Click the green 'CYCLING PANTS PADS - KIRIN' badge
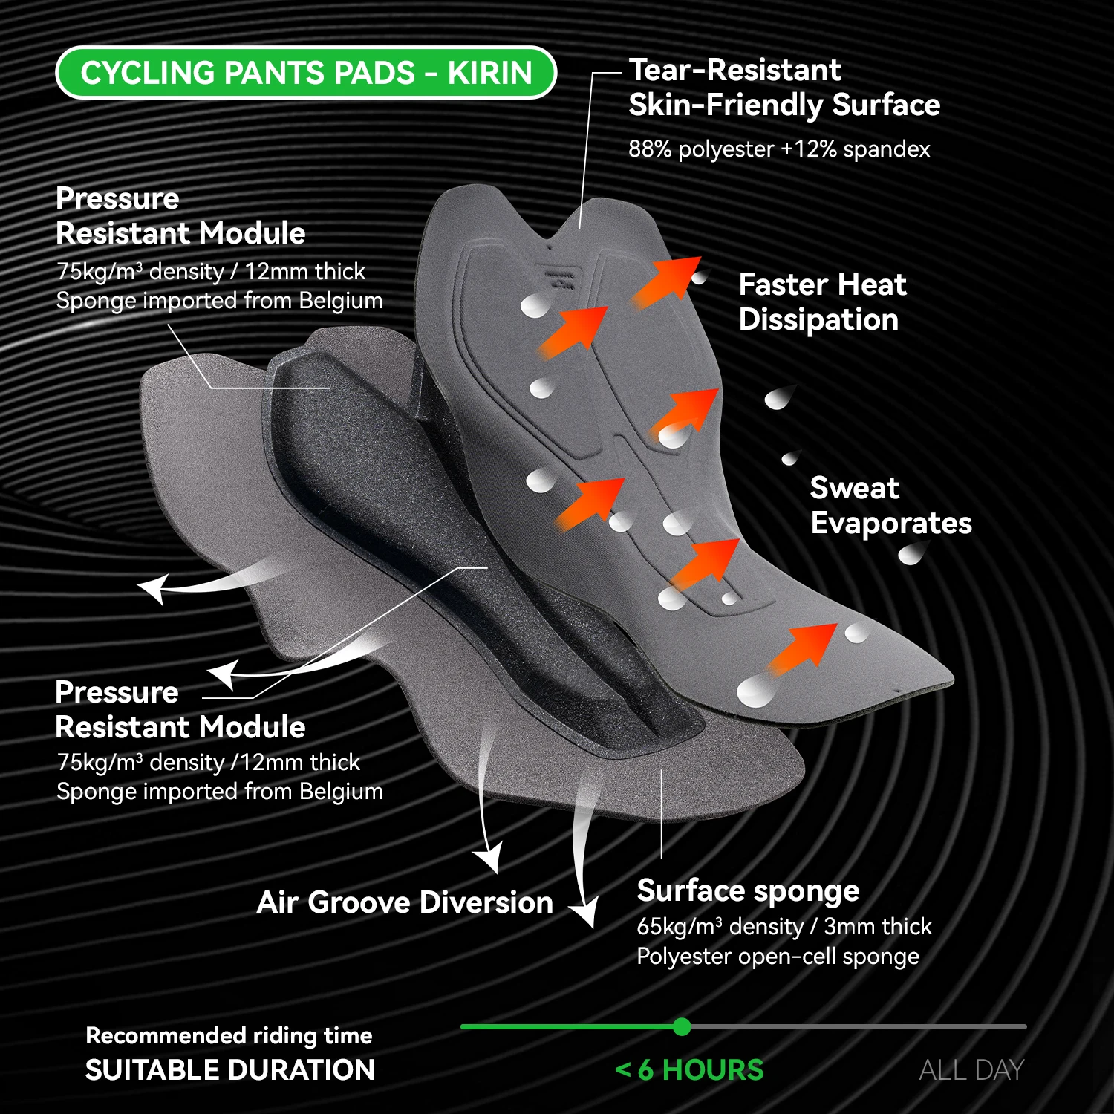(x=306, y=73)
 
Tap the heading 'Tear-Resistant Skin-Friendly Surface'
(x=784, y=88)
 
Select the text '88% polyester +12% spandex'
(x=778, y=149)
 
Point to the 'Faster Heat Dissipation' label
(x=822, y=302)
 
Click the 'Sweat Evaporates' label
(x=890, y=506)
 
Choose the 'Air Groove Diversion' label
(x=405, y=902)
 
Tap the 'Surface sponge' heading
(x=748, y=890)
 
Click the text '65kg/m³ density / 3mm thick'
(x=784, y=927)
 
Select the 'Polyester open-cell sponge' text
(x=778, y=957)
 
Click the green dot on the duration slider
(x=682, y=1027)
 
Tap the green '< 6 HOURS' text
(x=689, y=1070)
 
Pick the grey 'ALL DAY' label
(x=971, y=1070)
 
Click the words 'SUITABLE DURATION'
(x=229, y=1070)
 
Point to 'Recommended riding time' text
(x=229, y=1035)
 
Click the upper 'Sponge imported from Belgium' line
(x=219, y=301)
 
